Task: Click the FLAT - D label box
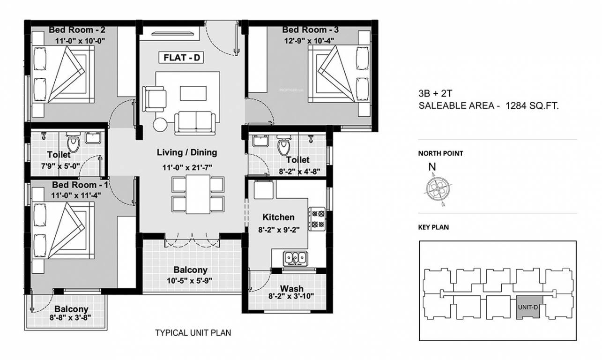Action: click(182, 58)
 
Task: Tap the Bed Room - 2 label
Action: click(77, 30)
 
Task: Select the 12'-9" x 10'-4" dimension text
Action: click(309, 40)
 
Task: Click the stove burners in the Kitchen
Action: click(316, 218)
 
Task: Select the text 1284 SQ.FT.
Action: click(532, 106)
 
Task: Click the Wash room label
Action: click(291, 288)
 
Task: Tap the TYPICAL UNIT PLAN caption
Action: click(193, 333)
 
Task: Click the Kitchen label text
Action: click(278, 217)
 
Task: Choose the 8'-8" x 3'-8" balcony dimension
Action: click(71, 317)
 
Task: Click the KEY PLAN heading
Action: click(433, 228)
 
